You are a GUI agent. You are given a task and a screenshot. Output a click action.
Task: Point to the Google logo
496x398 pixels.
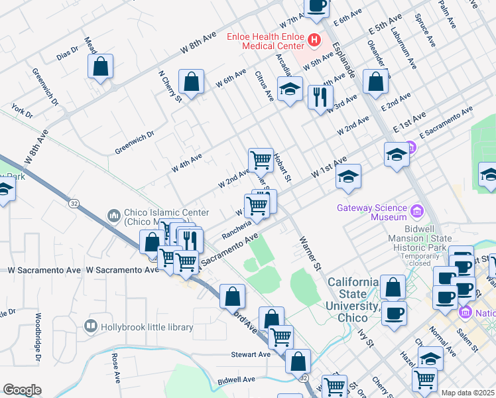(x=22, y=390)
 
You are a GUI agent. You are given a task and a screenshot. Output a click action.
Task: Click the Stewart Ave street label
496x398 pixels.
(x=251, y=355)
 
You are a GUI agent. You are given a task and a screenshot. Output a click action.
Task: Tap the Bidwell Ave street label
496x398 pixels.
(x=235, y=379)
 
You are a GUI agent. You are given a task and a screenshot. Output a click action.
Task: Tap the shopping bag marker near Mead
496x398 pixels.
(x=100, y=67)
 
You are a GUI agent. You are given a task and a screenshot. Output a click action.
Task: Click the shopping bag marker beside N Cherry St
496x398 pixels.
(x=191, y=83)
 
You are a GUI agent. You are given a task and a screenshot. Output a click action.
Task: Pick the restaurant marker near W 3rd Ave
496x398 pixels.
(x=321, y=98)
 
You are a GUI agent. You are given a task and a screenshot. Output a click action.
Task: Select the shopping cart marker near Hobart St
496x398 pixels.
(x=261, y=160)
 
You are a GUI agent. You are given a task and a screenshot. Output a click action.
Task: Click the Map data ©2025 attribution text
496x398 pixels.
(x=467, y=393)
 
